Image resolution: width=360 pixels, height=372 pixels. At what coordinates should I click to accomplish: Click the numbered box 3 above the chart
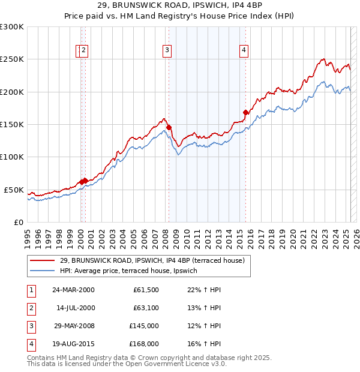167,51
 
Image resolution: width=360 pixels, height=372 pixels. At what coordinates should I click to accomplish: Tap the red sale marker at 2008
169,127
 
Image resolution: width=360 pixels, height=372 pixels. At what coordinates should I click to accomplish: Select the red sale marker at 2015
245,112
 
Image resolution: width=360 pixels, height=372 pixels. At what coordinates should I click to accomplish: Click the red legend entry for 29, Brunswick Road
152,261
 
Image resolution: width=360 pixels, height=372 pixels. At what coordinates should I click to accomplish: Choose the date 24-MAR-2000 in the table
73,290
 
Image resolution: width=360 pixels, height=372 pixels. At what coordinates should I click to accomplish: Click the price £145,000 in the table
143,326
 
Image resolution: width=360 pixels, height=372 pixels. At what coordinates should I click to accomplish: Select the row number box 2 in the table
30,308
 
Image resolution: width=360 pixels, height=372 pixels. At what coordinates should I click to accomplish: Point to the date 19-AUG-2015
73,344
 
